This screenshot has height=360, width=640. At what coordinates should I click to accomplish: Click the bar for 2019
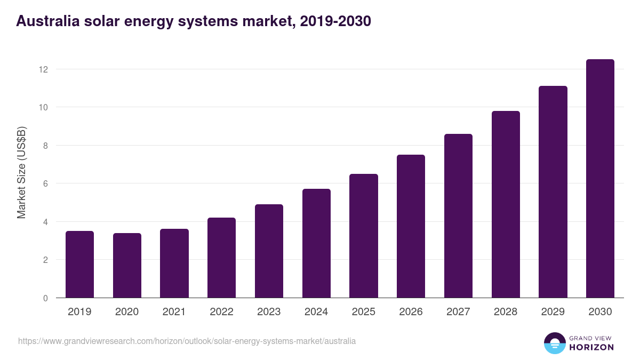pyautogui.click(x=79, y=265)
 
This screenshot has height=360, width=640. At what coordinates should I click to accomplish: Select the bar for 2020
pyautogui.click(x=127, y=266)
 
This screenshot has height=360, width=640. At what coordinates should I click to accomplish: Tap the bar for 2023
pyautogui.click(x=269, y=251)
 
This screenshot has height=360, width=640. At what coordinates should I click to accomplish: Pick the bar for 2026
pyautogui.click(x=411, y=226)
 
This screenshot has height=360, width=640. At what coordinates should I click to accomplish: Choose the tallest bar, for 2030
pyautogui.click(x=600, y=179)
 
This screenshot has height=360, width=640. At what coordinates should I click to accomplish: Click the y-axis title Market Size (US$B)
pyautogui.click(x=22, y=172)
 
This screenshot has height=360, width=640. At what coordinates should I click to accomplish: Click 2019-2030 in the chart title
pyautogui.click(x=335, y=21)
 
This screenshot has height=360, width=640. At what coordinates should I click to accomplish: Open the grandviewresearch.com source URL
pyautogui.click(x=187, y=341)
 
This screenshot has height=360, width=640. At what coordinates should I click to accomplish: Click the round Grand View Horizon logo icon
pyautogui.click(x=554, y=343)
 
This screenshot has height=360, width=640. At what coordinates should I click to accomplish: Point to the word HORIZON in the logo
pyautogui.click(x=591, y=347)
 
